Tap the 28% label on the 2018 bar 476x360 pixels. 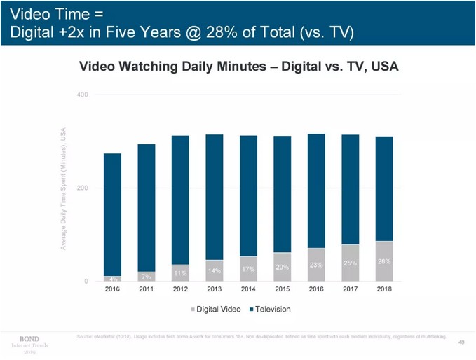(x=383, y=261)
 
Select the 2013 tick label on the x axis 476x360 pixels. (x=214, y=289)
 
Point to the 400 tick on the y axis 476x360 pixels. (x=83, y=94)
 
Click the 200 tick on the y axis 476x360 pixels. (x=83, y=188)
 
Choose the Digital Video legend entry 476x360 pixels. (x=216, y=309)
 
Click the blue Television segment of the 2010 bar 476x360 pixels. (x=112, y=214)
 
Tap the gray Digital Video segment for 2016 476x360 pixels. (x=316, y=265)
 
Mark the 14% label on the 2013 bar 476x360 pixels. (x=214, y=270)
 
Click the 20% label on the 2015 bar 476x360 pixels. (x=282, y=267)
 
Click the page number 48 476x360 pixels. (x=461, y=342)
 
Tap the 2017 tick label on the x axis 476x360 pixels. (x=350, y=289)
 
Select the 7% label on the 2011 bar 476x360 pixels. (x=146, y=277)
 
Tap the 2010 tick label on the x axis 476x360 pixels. (x=112, y=289)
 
